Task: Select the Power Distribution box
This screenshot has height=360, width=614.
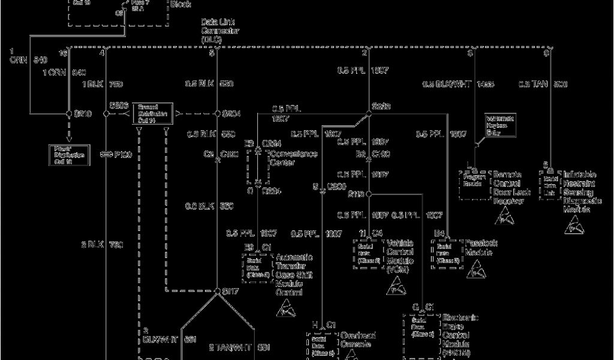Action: pyautogui.click(x=68, y=155)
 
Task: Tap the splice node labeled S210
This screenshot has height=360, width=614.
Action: pyautogui.click(x=70, y=113)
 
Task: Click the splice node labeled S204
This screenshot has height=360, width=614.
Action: pyautogui.click(x=217, y=113)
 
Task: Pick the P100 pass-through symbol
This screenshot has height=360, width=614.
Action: pyautogui.click(x=107, y=155)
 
